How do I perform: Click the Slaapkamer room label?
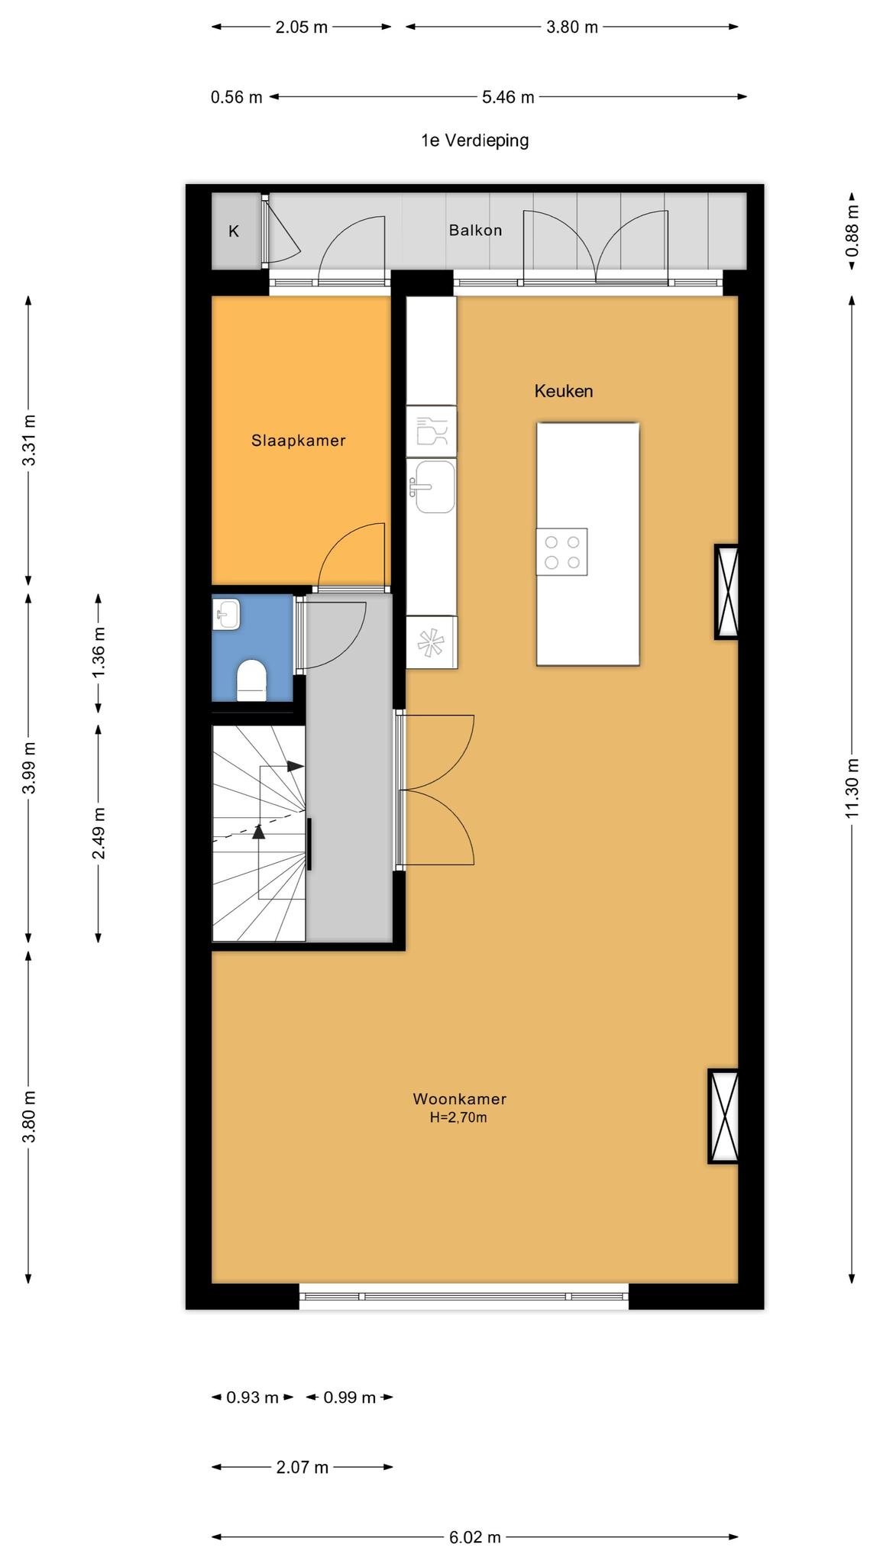pos(298,441)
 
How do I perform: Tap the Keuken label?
pos(564,391)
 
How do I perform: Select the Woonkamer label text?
pos(460,1099)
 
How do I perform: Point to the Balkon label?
pos(475,230)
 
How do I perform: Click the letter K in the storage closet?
pos(234,231)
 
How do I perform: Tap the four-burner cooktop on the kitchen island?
pos(561,551)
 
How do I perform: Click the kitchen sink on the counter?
pos(433,486)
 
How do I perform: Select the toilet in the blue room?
pos(251,680)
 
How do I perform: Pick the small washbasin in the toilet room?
pos(227,614)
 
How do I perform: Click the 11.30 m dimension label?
pos(852,788)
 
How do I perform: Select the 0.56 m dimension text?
pos(237,97)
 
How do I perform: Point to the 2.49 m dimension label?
pos(99,832)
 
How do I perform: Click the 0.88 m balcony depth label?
pos(852,231)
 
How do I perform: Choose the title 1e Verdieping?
pos(475,141)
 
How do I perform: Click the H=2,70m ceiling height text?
pos(458,1118)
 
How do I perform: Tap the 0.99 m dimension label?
pos(350,1398)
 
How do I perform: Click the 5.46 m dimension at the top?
pos(508,97)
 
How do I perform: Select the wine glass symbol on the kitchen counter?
pos(432,431)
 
